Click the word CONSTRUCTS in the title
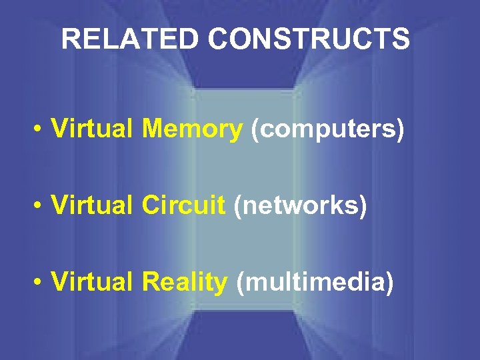308,39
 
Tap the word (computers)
327,130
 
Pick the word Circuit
184,207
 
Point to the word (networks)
301,207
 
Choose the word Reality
185,283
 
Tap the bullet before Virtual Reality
41,283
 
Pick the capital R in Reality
150,283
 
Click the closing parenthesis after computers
400,131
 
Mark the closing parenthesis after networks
363,207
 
